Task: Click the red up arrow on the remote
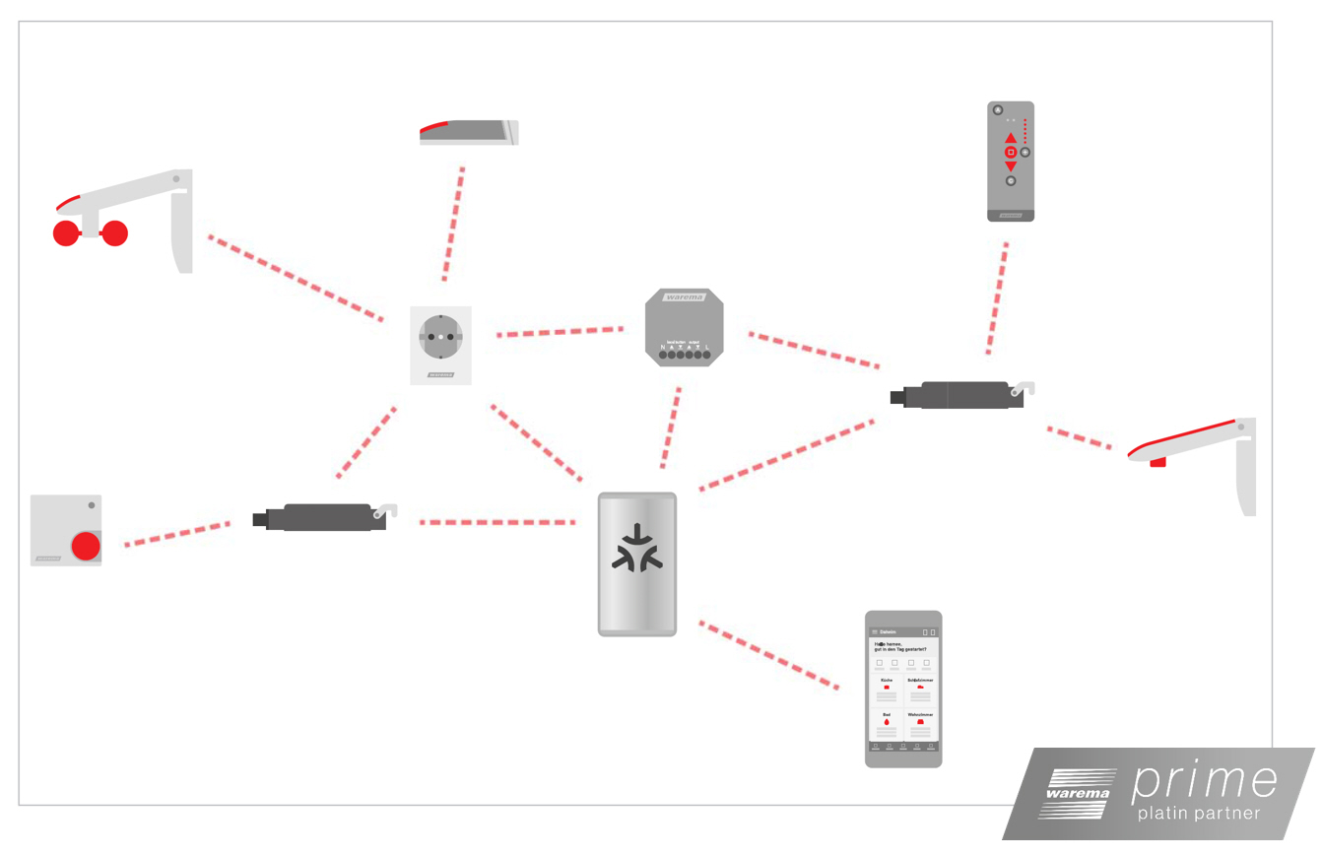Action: point(1011,138)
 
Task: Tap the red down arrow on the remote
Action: point(1011,166)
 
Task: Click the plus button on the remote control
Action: point(1025,152)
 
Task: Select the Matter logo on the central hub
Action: point(637,548)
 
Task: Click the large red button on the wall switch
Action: point(86,546)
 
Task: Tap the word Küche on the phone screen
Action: point(887,681)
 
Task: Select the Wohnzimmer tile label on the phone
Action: point(920,714)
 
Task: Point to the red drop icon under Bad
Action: point(887,723)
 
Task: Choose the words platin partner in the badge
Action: point(1198,815)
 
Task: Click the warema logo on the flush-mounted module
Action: point(685,296)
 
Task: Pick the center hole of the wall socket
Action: point(440,337)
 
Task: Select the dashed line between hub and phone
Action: point(768,654)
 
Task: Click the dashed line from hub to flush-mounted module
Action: point(671,428)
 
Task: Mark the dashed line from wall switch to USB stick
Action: point(177,534)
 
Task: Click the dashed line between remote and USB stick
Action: point(997,297)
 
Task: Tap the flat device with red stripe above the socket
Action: point(468,133)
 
